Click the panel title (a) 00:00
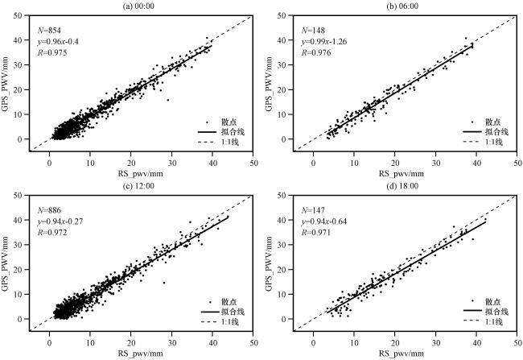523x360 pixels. tap(140, 6)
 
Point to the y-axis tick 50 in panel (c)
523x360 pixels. tap(23, 197)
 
